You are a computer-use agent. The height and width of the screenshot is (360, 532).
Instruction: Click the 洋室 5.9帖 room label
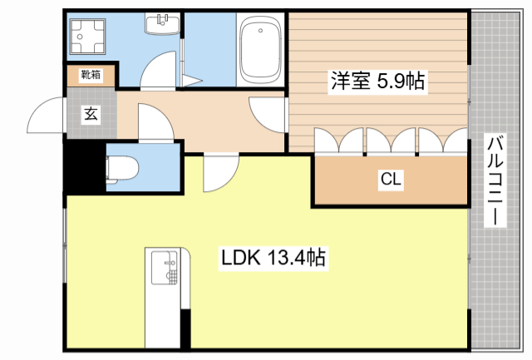(x=379, y=81)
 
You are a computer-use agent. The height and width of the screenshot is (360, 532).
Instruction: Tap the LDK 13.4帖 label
(x=272, y=259)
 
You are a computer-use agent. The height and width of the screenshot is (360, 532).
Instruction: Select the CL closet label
(x=391, y=180)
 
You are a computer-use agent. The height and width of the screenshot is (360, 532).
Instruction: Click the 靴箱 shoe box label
(x=90, y=76)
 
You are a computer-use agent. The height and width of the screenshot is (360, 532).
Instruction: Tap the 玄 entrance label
(x=89, y=114)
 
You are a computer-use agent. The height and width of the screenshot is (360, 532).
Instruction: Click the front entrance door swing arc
(x=46, y=116)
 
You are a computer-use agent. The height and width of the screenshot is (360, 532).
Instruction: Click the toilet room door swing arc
(x=155, y=122)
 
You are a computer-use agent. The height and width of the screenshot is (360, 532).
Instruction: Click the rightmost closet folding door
(x=456, y=141)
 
